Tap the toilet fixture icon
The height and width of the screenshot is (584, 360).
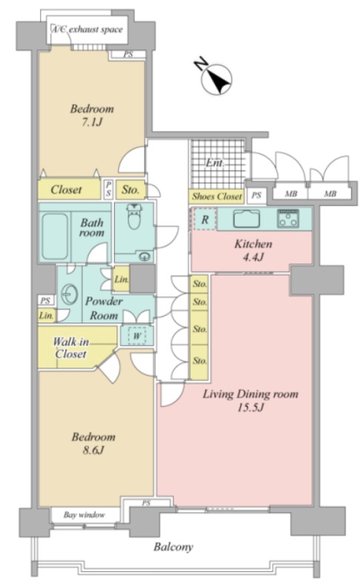133,216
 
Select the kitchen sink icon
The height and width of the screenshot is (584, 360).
247,219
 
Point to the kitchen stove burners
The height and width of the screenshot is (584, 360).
287,218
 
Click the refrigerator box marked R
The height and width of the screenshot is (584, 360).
204,219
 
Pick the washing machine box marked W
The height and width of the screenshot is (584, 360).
137,336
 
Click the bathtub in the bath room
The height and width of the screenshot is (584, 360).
55,236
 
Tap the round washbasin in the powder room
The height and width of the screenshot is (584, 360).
69,295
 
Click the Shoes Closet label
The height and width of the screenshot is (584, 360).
217,196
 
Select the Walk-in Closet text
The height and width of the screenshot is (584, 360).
70,347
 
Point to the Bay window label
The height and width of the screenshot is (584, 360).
84,515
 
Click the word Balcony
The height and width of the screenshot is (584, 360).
173,547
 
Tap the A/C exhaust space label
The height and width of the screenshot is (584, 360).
87,29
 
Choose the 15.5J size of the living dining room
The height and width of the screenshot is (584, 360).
250,407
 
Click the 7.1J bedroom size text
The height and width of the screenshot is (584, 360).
92,122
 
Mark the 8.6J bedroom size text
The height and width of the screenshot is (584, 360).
93,450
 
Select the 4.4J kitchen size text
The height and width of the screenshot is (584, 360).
253,256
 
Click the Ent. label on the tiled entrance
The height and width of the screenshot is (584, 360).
215,163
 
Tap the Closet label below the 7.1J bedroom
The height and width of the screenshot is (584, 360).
66,190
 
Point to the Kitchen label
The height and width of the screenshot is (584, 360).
253,244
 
